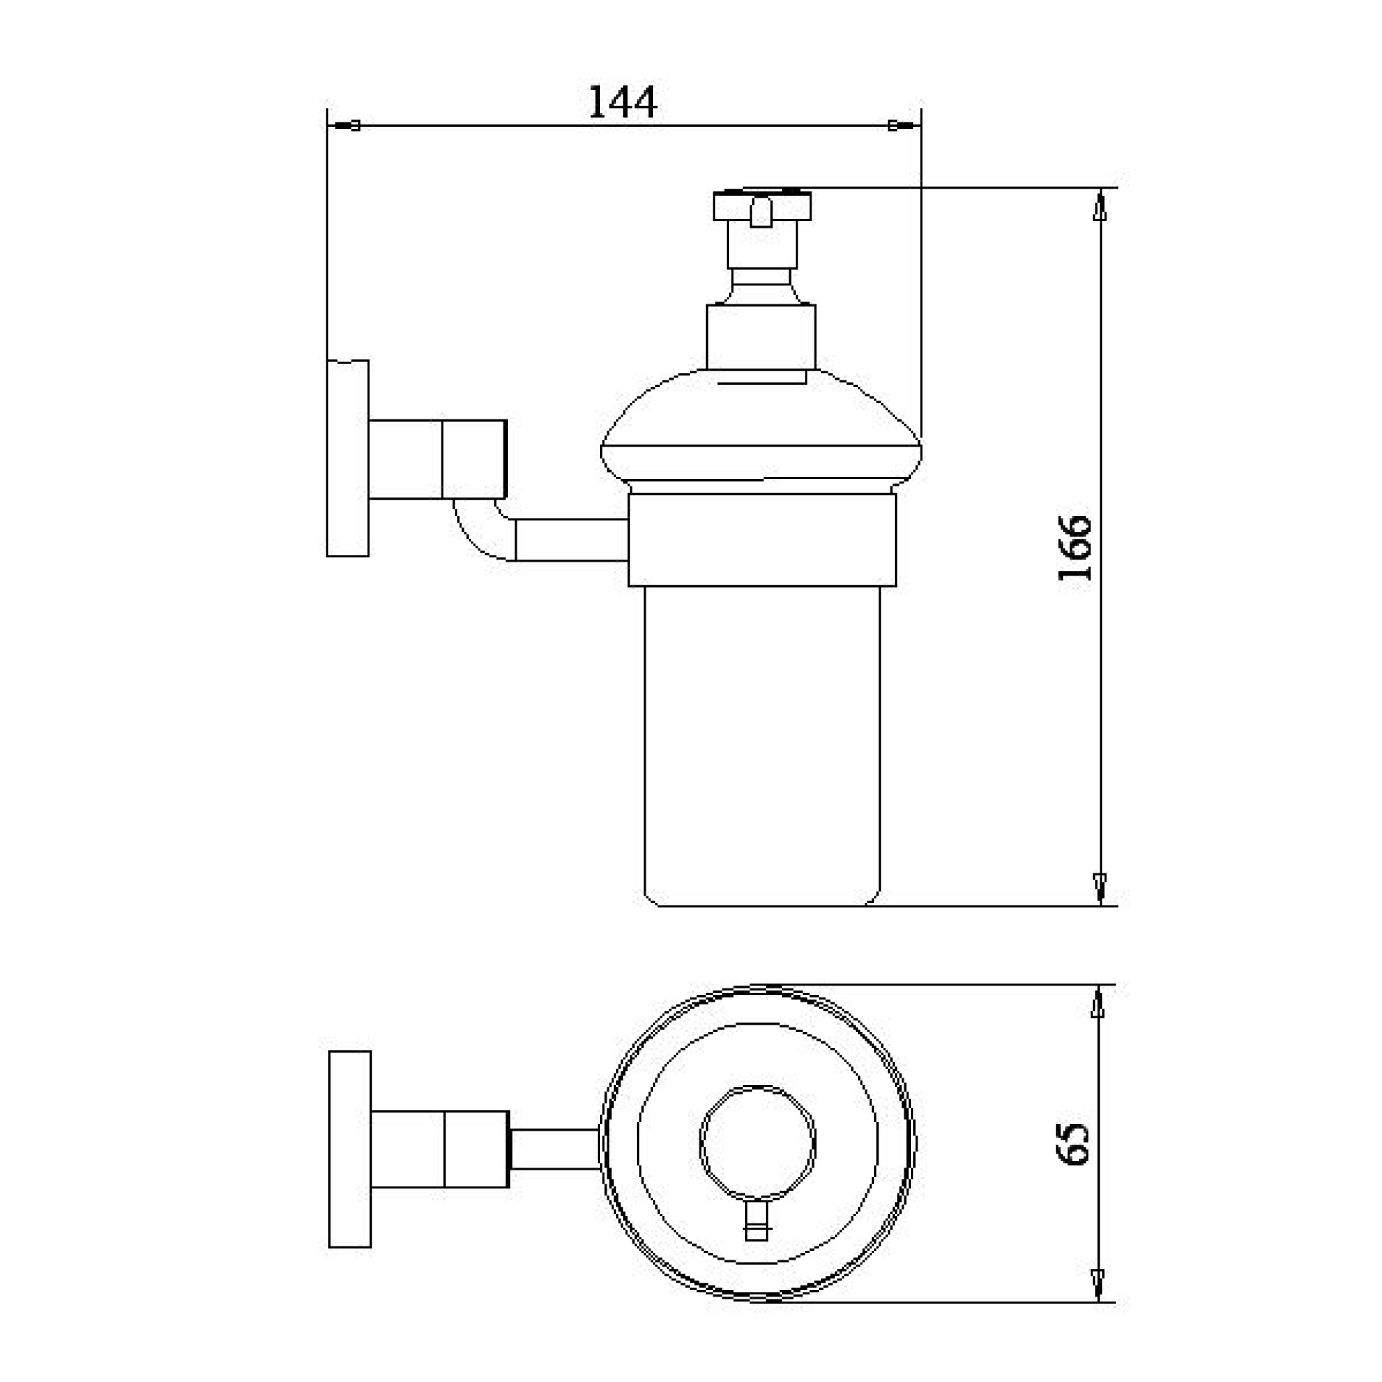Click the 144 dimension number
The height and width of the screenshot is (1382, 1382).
pos(622,102)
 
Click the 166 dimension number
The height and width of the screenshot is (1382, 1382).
pos(1075,548)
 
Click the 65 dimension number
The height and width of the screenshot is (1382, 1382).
pos(1073,1144)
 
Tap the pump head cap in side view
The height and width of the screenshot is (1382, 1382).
pos(762,206)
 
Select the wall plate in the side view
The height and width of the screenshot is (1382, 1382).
pos(347,458)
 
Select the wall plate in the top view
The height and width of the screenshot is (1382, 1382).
pos(349,1149)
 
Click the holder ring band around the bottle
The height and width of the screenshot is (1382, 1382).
pos(761,540)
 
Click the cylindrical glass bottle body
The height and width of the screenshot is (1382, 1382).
pos(761,744)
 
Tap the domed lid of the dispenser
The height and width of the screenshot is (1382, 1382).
pos(761,427)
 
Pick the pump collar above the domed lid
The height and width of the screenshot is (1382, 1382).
pos(761,337)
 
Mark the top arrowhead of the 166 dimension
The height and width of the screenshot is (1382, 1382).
pos(1100,207)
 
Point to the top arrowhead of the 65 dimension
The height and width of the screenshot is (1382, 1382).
pos(1098,1005)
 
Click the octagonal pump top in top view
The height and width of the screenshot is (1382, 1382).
pos(758,1143)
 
